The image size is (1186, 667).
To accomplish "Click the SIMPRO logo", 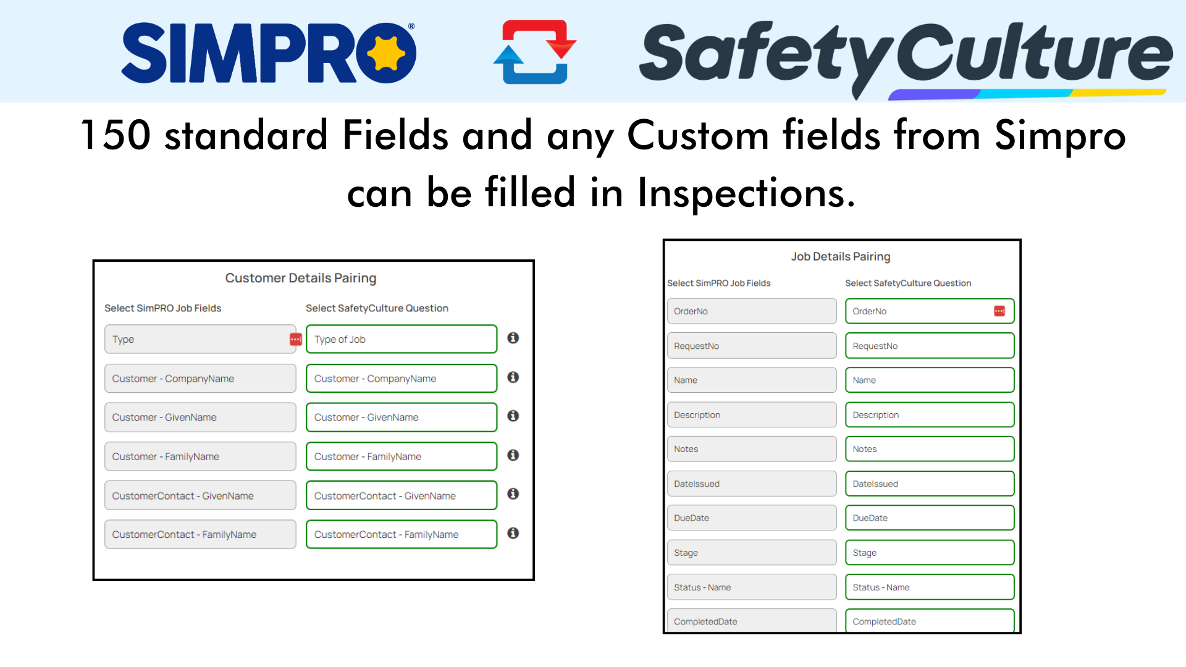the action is pyautogui.click(x=269, y=52).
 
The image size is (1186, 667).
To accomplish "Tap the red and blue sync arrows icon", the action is pyautogui.click(x=535, y=52).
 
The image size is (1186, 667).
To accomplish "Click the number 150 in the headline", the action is pyautogui.click(x=116, y=135).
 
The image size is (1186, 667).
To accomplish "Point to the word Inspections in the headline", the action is pyautogui.click(x=746, y=193).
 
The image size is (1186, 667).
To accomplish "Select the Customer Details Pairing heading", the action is pyautogui.click(x=301, y=278).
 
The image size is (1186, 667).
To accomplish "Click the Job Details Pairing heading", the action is pyautogui.click(x=841, y=256).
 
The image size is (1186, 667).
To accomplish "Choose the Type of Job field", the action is pyautogui.click(x=402, y=339).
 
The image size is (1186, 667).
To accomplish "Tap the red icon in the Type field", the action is pyautogui.click(x=296, y=339).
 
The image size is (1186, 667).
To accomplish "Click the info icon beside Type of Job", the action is pyautogui.click(x=513, y=338).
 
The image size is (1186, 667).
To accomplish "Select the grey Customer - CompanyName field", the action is pyautogui.click(x=200, y=379).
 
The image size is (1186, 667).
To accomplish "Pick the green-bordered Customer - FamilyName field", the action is pyautogui.click(x=402, y=456).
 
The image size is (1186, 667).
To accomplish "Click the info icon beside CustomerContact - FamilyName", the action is pyautogui.click(x=513, y=533).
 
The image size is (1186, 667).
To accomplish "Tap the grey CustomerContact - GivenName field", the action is pyautogui.click(x=200, y=495).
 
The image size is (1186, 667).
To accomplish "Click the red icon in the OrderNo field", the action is pyautogui.click(x=999, y=311).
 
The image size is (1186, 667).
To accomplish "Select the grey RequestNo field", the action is pyautogui.click(x=752, y=346).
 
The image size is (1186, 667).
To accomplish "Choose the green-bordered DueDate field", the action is pyautogui.click(x=930, y=518).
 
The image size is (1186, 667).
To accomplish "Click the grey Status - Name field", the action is pyautogui.click(x=752, y=587).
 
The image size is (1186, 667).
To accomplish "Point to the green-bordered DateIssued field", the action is pyautogui.click(x=930, y=484).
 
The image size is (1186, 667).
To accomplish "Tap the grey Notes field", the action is pyautogui.click(x=752, y=449).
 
